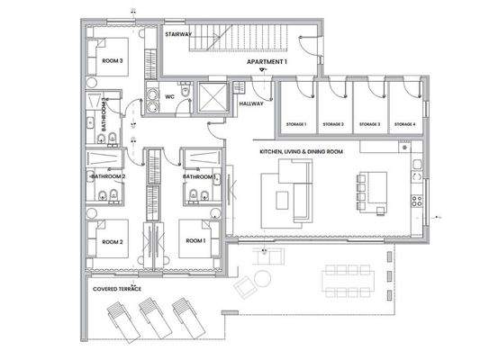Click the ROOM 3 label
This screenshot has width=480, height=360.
pos(113,60)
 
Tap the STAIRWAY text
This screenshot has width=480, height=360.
pos(178,33)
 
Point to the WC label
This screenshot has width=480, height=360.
pos(168,94)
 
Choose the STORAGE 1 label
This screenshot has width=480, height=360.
pos(297,123)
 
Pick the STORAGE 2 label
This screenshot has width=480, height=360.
pos(332,123)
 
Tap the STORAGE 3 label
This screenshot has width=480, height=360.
pos(369,123)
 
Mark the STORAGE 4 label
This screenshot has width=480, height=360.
pos(404,123)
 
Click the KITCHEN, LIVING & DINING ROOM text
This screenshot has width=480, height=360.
pos(301,153)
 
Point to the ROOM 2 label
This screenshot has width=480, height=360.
pos(112,242)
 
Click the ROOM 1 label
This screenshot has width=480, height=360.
pos(195,242)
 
